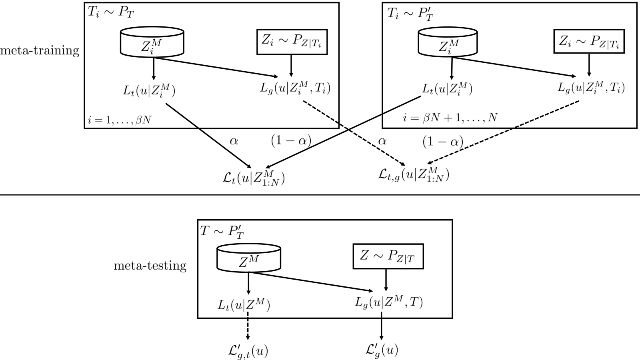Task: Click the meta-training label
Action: pos(40,50)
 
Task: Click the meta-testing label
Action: pos(150,266)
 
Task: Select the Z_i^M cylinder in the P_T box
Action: pos(152,42)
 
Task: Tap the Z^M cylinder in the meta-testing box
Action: pos(249,257)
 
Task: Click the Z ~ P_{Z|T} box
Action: pos(388,256)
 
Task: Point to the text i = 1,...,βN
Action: pos(120,120)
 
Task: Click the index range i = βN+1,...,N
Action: pos(450,118)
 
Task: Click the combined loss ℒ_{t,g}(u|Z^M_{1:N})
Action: pos(414,175)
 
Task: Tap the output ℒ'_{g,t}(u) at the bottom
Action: pos(248,350)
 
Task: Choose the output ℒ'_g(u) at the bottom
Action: pos(382,350)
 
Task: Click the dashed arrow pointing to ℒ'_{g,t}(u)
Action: pos(248,326)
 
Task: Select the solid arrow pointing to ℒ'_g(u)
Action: pos(381,326)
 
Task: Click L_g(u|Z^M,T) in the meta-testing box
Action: pos(388,302)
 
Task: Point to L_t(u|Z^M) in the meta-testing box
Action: pos(244,305)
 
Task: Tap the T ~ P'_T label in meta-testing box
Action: pos(222,232)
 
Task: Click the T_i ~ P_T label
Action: pos(110,13)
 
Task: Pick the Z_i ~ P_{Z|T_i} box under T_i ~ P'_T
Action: pos(589,42)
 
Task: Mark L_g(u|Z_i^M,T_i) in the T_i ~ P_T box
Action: pos(295,88)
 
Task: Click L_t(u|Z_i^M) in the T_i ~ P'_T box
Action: pos(447,89)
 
